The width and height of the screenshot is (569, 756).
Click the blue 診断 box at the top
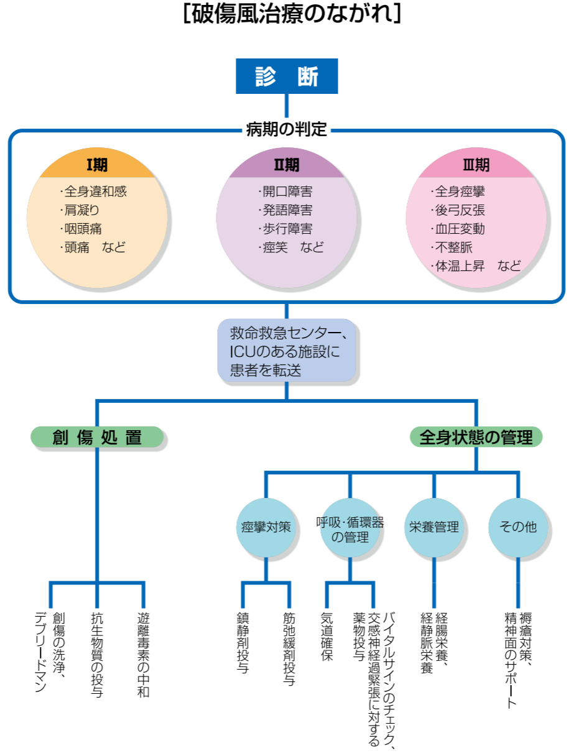[x=287, y=76]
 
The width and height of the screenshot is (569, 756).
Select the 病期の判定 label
[x=286, y=130]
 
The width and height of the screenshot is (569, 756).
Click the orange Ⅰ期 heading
[x=96, y=165]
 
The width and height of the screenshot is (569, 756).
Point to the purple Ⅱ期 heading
[x=286, y=165]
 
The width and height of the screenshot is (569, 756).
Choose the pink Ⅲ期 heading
[x=476, y=165]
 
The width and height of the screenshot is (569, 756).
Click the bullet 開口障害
[x=285, y=192]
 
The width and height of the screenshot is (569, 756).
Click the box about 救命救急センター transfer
[x=286, y=351]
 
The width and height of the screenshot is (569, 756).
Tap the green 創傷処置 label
[x=96, y=437]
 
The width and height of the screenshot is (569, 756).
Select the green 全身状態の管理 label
[x=476, y=437]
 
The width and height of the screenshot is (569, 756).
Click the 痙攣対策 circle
[x=266, y=527]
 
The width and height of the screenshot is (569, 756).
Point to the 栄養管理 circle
[x=434, y=527]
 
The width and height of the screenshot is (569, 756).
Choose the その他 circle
[x=518, y=527]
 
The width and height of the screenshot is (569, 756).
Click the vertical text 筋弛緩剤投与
[x=289, y=649]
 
